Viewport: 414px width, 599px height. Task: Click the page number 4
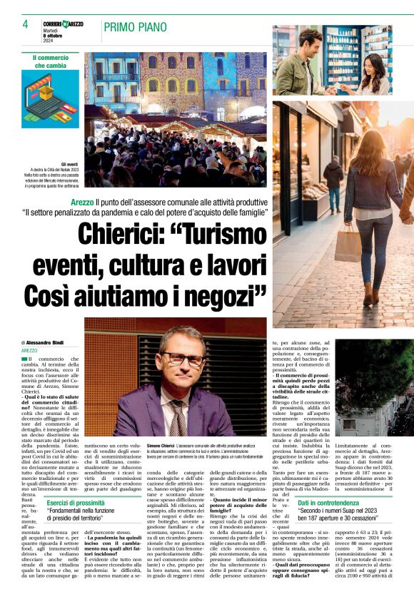[25, 24]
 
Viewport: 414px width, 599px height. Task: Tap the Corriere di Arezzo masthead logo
[63, 24]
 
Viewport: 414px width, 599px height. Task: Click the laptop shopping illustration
[51, 98]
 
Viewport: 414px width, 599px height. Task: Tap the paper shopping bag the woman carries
[348, 245]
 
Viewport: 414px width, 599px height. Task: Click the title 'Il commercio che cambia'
[51, 61]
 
